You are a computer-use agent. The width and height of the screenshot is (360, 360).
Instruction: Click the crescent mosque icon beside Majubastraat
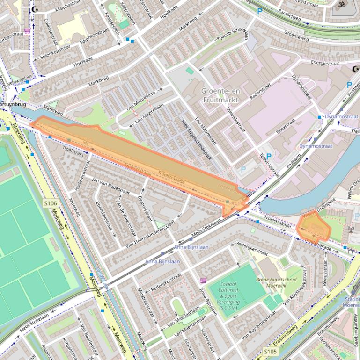coord(35,9)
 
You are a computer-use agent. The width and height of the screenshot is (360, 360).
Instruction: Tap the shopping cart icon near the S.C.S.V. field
coord(203,281)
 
